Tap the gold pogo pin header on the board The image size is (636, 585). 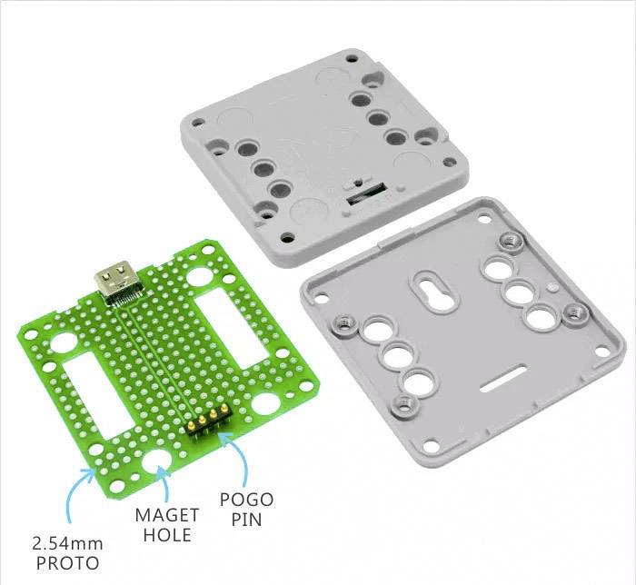click(206, 421)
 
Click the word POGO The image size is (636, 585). click(246, 499)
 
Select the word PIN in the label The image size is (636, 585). click(246, 521)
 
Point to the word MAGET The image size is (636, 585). click(166, 515)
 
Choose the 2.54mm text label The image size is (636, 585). click(67, 544)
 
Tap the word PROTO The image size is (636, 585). click(67, 564)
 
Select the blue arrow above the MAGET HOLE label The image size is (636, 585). click(163, 483)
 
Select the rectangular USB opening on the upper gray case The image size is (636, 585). click(367, 193)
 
